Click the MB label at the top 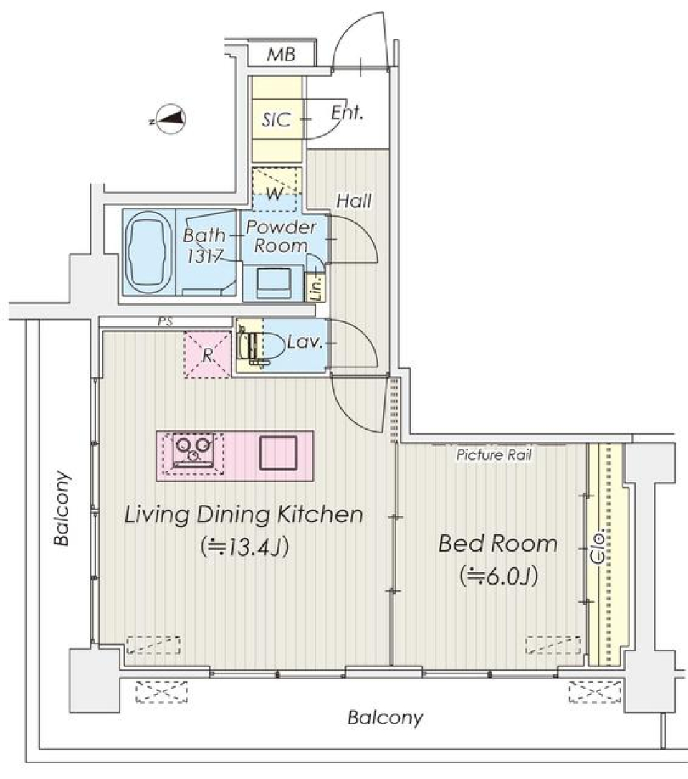click(282, 55)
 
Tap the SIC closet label click(277, 120)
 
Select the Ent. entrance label click(349, 113)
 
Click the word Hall click(355, 202)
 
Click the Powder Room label click(282, 237)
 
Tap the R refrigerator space click(206, 354)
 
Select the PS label click(166, 322)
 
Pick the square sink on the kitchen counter click(278, 452)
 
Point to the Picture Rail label click(494, 455)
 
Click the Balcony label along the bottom click(386, 717)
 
